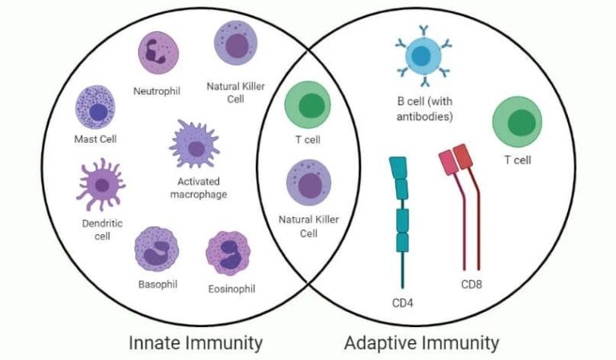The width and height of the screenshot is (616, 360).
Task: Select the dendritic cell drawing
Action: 100,184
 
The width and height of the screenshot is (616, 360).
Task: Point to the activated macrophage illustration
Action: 194,145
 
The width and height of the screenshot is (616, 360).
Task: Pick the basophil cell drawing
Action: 156,249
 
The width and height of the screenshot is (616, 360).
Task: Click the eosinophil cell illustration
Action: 229,253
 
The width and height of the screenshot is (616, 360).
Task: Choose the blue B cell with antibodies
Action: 423,58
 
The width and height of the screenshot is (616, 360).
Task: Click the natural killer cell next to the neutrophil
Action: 236,44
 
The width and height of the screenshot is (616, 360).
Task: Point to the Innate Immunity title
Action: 196,343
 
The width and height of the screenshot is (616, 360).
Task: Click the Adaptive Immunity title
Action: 421,343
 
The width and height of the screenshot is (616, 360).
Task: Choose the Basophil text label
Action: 157,284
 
